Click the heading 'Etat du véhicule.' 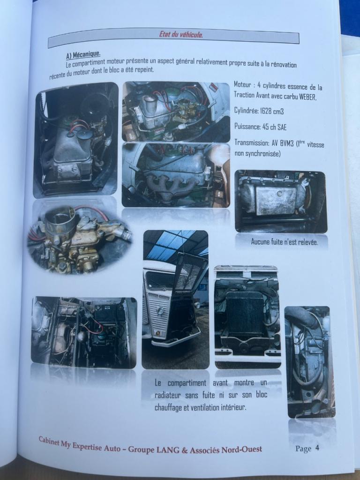[180, 35]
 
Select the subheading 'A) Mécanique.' [83, 54]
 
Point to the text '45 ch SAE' [275, 127]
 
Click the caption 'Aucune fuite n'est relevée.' [285, 242]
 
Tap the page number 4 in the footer [317, 448]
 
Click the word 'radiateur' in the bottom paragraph [168, 395]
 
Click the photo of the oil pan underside [281, 202]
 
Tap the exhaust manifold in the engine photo [172, 186]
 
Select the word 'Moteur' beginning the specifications [242, 84]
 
